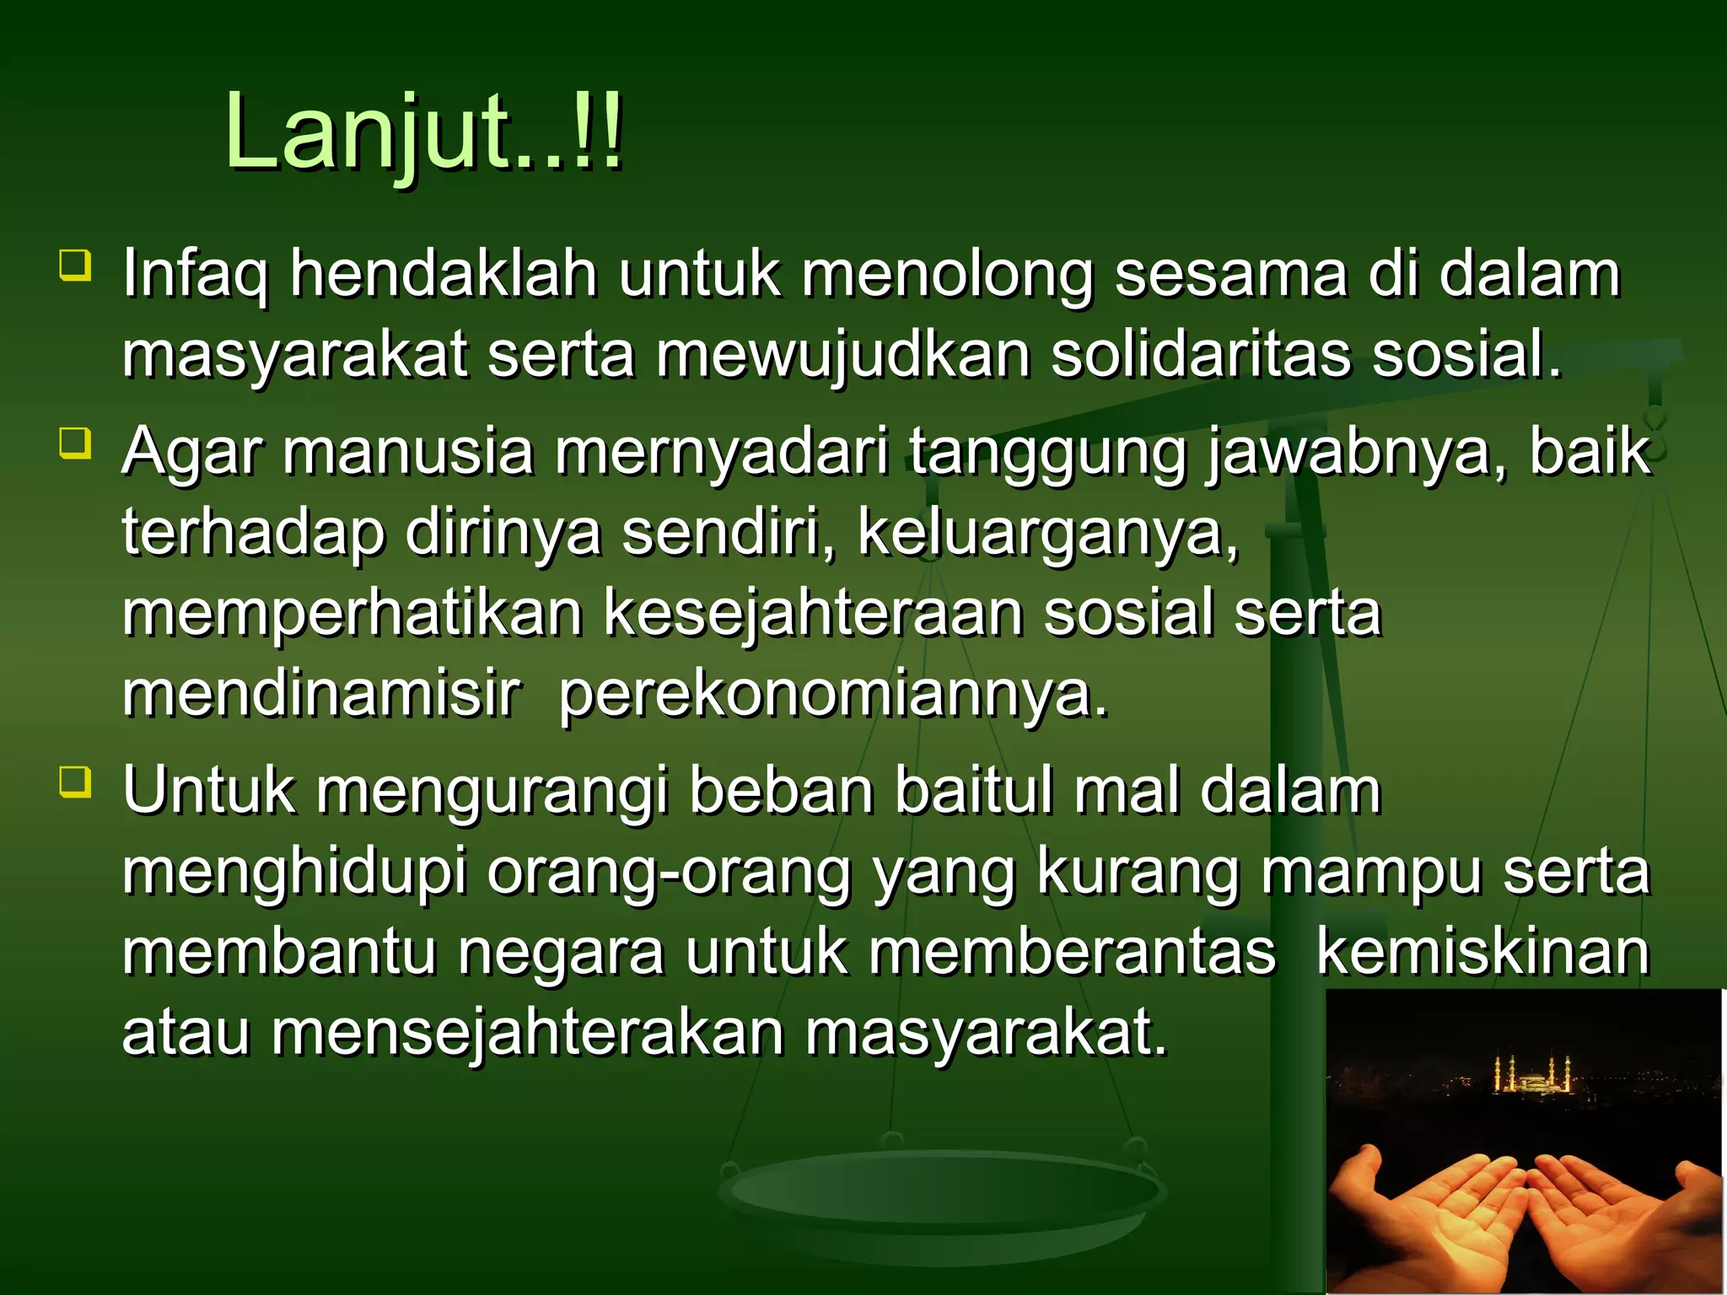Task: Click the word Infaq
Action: click(195, 275)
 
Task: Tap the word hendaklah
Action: click(444, 273)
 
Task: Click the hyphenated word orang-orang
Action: click(670, 873)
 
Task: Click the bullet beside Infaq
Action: click(75, 264)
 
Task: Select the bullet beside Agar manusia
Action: click(75, 443)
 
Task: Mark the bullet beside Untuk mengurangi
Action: click(75, 781)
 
